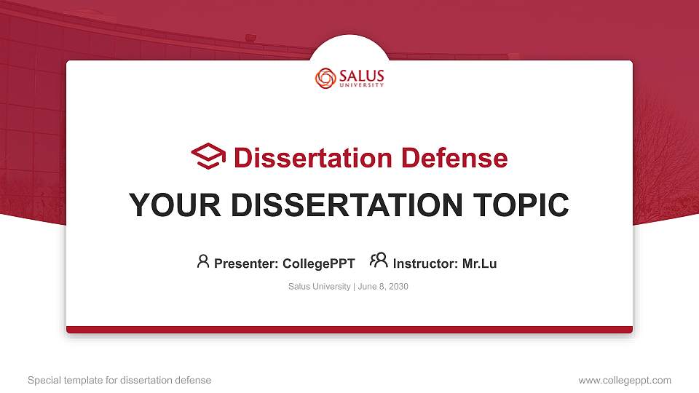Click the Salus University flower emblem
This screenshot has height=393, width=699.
click(x=325, y=78)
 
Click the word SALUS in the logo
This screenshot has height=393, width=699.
click(x=361, y=76)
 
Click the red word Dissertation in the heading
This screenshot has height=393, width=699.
click(x=305, y=158)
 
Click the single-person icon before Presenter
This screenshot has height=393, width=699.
click(x=203, y=261)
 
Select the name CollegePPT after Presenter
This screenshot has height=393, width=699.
click(x=318, y=263)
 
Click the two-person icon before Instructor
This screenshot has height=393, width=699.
click(x=379, y=261)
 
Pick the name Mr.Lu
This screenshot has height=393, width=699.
click(x=480, y=263)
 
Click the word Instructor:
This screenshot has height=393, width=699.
click(x=425, y=263)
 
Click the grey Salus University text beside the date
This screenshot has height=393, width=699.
click(x=320, y=287)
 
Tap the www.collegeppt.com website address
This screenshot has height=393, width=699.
click(x=625, y=380)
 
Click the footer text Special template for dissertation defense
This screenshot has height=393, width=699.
click(x=119, y=380)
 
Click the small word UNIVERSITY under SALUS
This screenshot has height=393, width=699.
click(x=361, y=85)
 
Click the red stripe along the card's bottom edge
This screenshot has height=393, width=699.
click(x=349, y=330)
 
